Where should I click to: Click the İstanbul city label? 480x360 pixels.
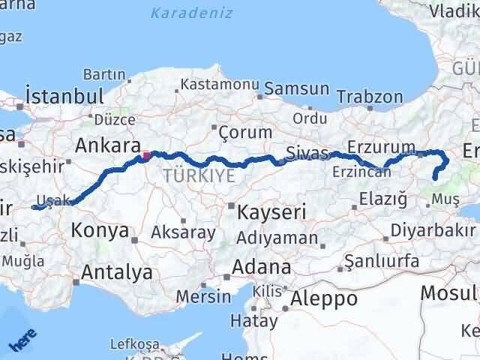[x=64, y=96]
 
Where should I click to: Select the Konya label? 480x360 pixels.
[x=100, y=231]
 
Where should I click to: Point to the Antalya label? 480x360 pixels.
[x=117, y=271]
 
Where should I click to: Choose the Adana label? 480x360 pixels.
[x=261, y=267]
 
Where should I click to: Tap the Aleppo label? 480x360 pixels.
[x=325, y=298]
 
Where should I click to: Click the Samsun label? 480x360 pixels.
[x=297, y=88]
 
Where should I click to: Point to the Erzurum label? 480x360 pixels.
[x=382, y=147]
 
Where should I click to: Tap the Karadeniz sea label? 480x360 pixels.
[x=191, y=13]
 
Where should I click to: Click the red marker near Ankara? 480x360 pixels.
[x=146, y=156]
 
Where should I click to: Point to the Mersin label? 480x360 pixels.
[x=203, y=295]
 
